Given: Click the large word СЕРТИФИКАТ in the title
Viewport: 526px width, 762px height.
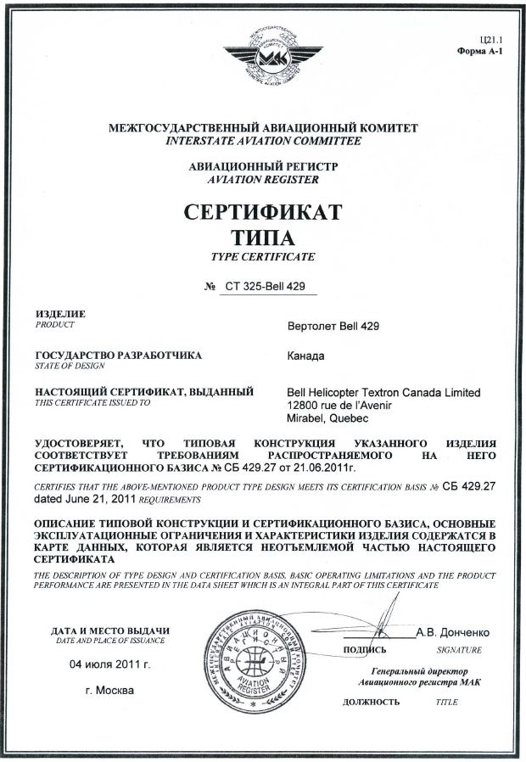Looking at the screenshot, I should [x=263, y=210].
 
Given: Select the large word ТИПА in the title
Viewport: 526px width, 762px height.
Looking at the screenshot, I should [x=263, y=235].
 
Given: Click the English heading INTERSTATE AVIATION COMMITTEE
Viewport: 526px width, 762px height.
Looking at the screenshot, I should [x=263, y=141].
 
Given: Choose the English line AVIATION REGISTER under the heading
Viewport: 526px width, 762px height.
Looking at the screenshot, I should [x=263, y=181].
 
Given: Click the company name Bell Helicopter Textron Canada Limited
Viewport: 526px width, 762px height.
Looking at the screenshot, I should [x=384, y=393].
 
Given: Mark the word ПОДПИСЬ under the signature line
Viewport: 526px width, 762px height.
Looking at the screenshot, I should [x=366, y=650].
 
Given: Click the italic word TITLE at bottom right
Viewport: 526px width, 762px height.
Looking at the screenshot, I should [x=446, y=703].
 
